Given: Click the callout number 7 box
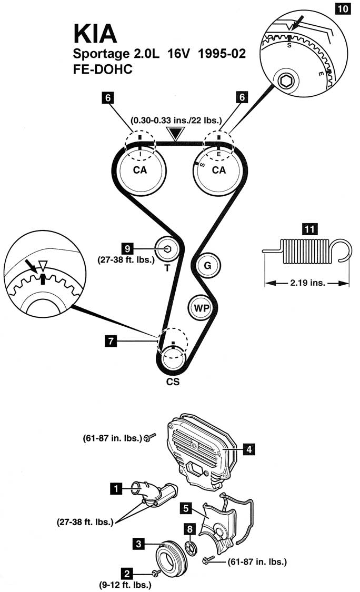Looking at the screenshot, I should (111, 341).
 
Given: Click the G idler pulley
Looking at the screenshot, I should (207, 266).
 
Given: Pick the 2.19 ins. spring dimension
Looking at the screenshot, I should (307, 283).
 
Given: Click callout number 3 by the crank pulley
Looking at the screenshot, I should (138, 545).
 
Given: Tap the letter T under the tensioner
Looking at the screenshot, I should (166, 267).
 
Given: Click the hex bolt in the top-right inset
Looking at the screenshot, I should (287, 80).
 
